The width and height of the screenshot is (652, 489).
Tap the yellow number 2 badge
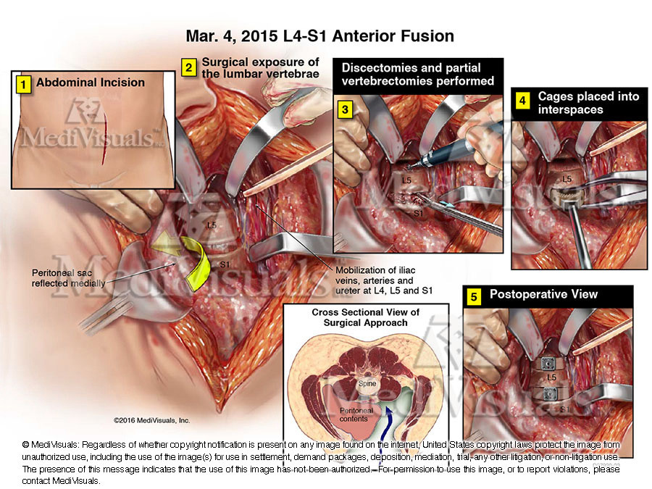pyautogui.click(x=188, y=68)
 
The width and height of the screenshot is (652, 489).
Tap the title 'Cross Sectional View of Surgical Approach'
pyautogui.click(x=366, y=317)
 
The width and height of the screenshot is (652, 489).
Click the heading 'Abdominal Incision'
pyautogui.click(x=91, y=83)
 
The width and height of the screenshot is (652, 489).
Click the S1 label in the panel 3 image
pyautogui.click(x=419, y=214)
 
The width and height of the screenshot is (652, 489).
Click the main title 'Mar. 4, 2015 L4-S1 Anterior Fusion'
pyautogui.click(x=320, y=35)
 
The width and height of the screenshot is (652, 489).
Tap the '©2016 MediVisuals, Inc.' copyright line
pyautogui.click(x=151, y=419)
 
